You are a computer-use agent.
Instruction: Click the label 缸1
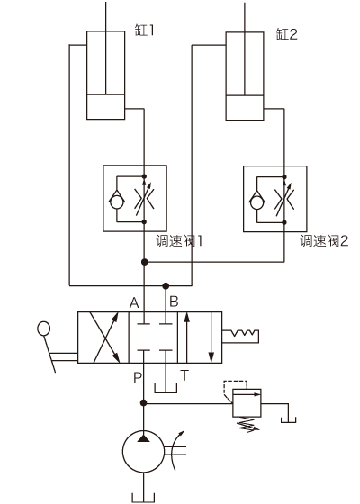point(144,31)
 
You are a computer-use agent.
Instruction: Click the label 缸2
point(287,34)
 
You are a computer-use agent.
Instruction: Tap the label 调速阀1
point(179,241)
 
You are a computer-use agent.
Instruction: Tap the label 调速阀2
point(324,241)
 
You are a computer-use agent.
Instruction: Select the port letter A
point(134,302)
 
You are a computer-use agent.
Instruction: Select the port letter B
point(174,301)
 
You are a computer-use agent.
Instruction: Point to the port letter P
point(137,377)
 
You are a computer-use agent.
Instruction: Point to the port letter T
point(184,375)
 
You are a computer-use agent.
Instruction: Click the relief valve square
point(247,403)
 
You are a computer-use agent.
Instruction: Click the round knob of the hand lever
point(44,328)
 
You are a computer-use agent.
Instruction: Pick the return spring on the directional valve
point(241,337)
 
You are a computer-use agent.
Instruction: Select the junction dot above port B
point(166,285)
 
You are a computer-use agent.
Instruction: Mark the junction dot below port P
point(144,403)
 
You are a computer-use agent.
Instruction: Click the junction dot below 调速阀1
point(144,262)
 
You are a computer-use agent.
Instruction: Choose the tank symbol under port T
point(166,388)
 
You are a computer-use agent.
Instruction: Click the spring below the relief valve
point(247,425)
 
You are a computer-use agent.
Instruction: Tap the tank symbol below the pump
point(143,498)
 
